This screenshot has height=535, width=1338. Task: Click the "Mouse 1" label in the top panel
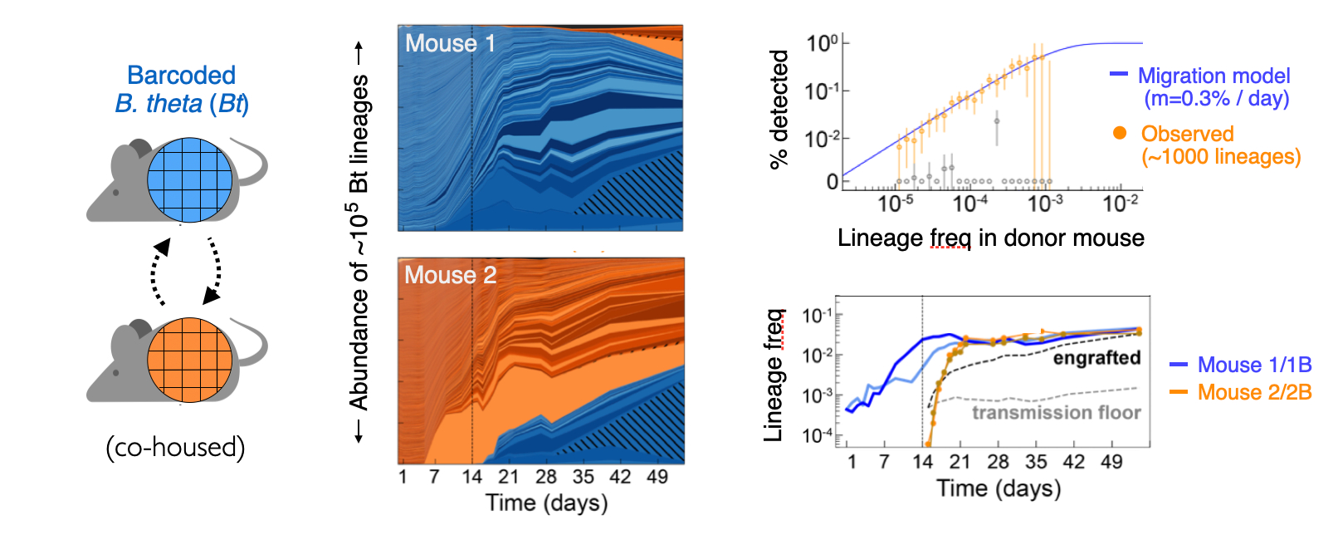point(450,44)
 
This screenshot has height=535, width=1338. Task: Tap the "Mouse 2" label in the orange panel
point(450,275)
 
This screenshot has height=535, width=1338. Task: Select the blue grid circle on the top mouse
point(189,180)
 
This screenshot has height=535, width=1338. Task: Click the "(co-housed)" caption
point(175,448)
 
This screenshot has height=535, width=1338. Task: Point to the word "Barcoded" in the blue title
point(181,76)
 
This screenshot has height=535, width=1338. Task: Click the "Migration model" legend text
point(1213,76)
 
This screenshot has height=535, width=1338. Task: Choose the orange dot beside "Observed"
point(1120,133)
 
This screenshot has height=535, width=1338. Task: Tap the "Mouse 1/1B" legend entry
point(1254,365)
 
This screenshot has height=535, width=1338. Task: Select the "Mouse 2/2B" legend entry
point(1254,392)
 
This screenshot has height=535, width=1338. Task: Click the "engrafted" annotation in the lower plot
point(1096,358)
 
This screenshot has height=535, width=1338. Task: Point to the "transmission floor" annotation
point(1056,413)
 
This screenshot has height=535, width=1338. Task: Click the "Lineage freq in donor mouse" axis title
point(990,238)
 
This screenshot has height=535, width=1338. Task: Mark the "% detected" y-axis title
point(779,109)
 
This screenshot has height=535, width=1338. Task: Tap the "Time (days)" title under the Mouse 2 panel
point(546,503)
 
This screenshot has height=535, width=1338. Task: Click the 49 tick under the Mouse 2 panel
point(657,477)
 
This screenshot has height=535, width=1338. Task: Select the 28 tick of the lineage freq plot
point(998,462)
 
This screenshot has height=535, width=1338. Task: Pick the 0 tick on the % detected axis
point(833,181)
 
